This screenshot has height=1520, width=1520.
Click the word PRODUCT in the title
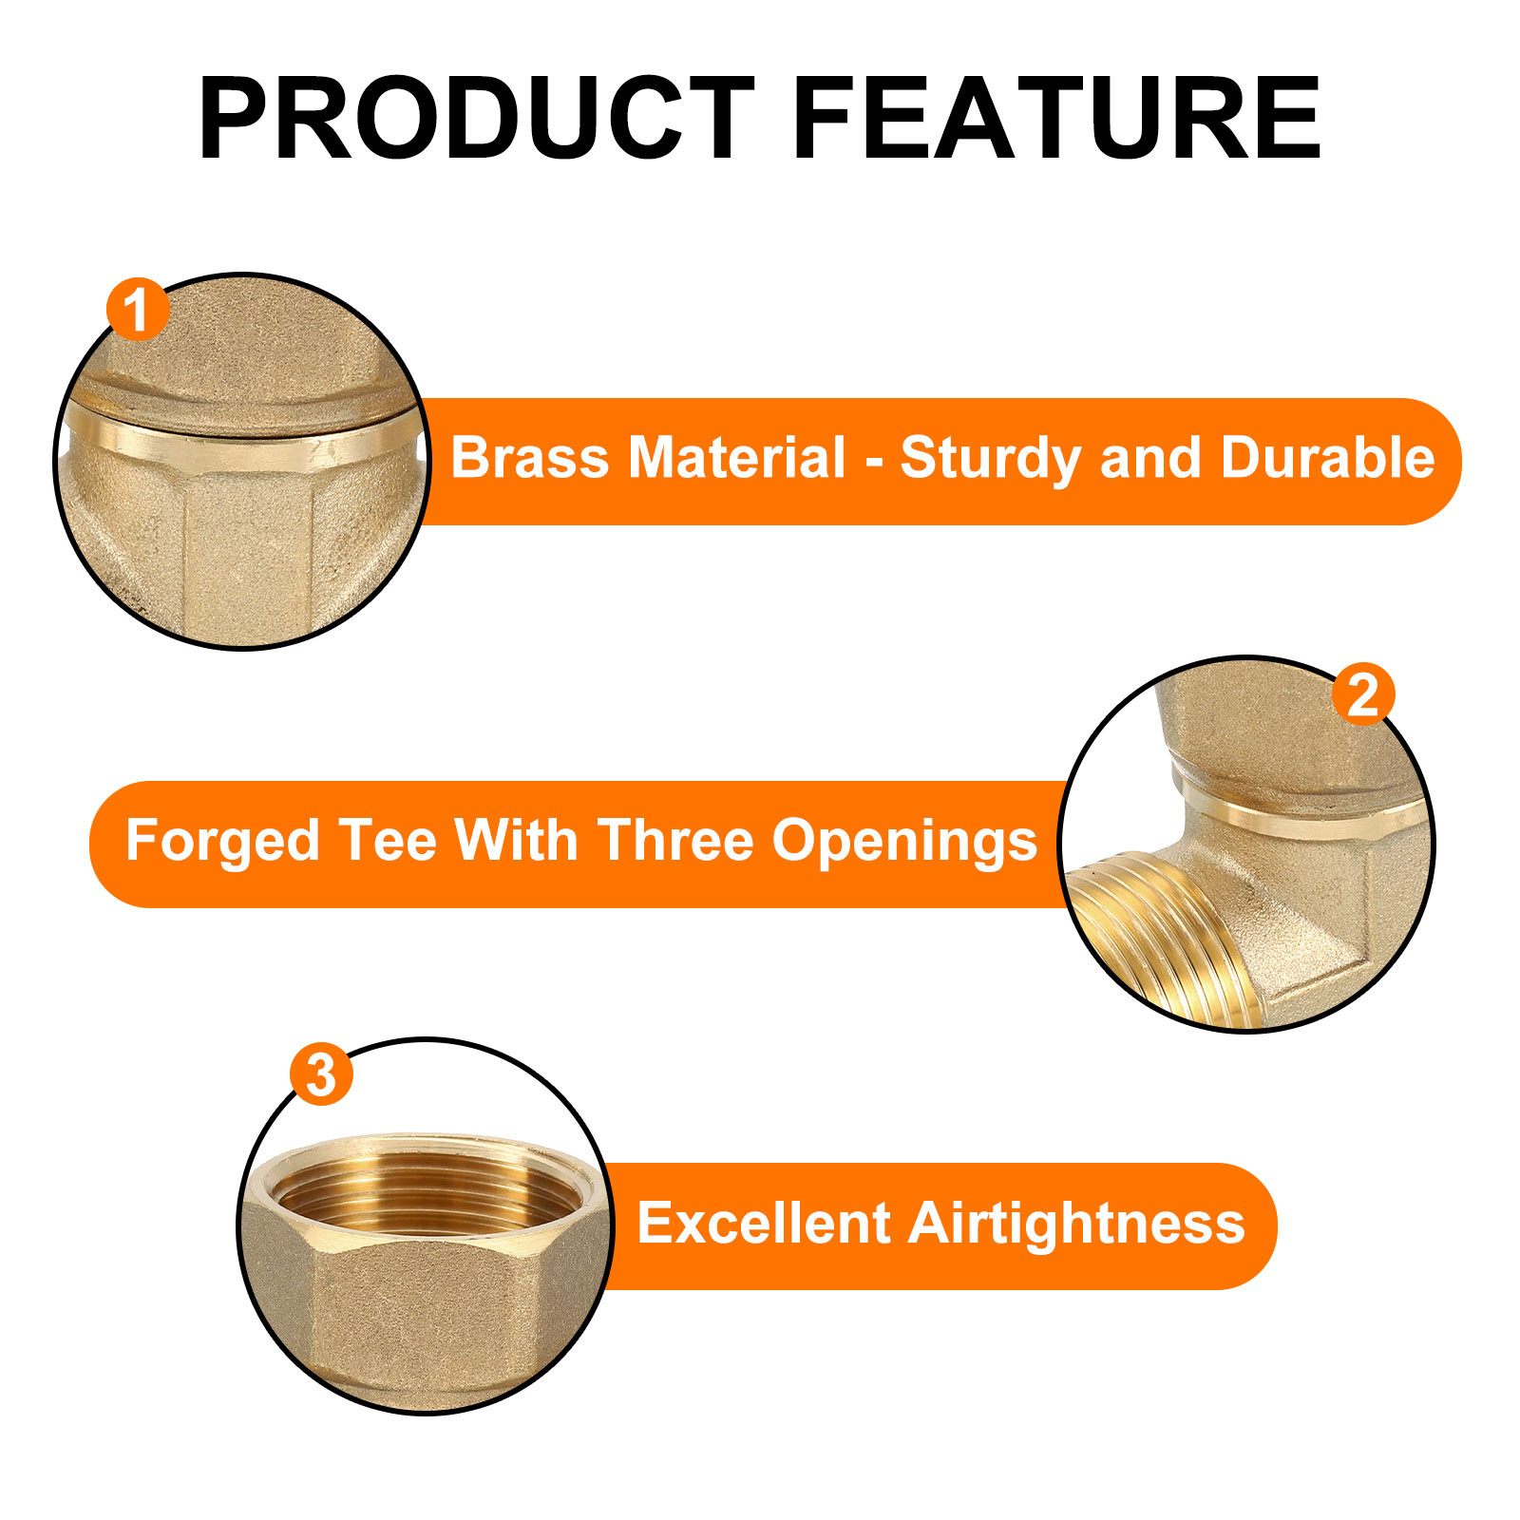[475, 119]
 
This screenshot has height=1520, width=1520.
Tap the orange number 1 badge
[138, 310]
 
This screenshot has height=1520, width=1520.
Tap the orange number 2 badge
[1363, 694]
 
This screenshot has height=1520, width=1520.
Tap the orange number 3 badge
[321, 1074]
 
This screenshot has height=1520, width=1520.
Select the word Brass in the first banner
[529, 458]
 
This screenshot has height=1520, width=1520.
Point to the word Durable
[1327, 458]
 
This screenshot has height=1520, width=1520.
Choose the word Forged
[222, 841]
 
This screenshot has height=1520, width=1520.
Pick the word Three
[674, 841]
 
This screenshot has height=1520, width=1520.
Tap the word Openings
[904, 841]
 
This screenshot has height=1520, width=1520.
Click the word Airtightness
[1076, 1223]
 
